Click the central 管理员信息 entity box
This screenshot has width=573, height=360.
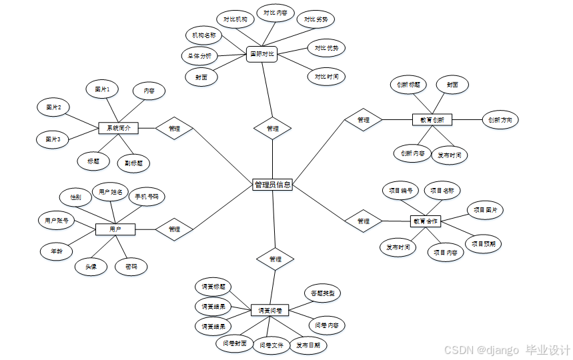(x=273, y=185)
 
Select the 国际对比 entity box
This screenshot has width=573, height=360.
(x=261, y=53)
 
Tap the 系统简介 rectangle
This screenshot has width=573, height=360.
(x=118, y=127)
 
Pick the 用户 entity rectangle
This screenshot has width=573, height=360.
(x=115, y=229)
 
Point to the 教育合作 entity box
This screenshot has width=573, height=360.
(x=426, y=221)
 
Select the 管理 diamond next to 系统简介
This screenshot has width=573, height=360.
(x=174, y=128)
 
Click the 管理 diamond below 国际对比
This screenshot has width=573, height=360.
(x=273, y=128)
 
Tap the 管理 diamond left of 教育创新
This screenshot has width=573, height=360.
(x=363, y=120)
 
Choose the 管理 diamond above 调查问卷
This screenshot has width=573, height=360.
(x=275, y=259)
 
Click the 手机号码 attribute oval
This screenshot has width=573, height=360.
(x=147, y=197)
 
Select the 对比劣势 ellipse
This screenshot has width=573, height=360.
(x=316, y=19)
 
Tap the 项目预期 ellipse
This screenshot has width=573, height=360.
(x=484, y=243)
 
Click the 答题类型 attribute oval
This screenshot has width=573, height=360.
(x=323, y=293)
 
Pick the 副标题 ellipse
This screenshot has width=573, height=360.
(x=133, y=163)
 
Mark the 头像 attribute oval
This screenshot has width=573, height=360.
(x=91, y=267)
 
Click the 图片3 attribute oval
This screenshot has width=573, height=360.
(x=53, y=139)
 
